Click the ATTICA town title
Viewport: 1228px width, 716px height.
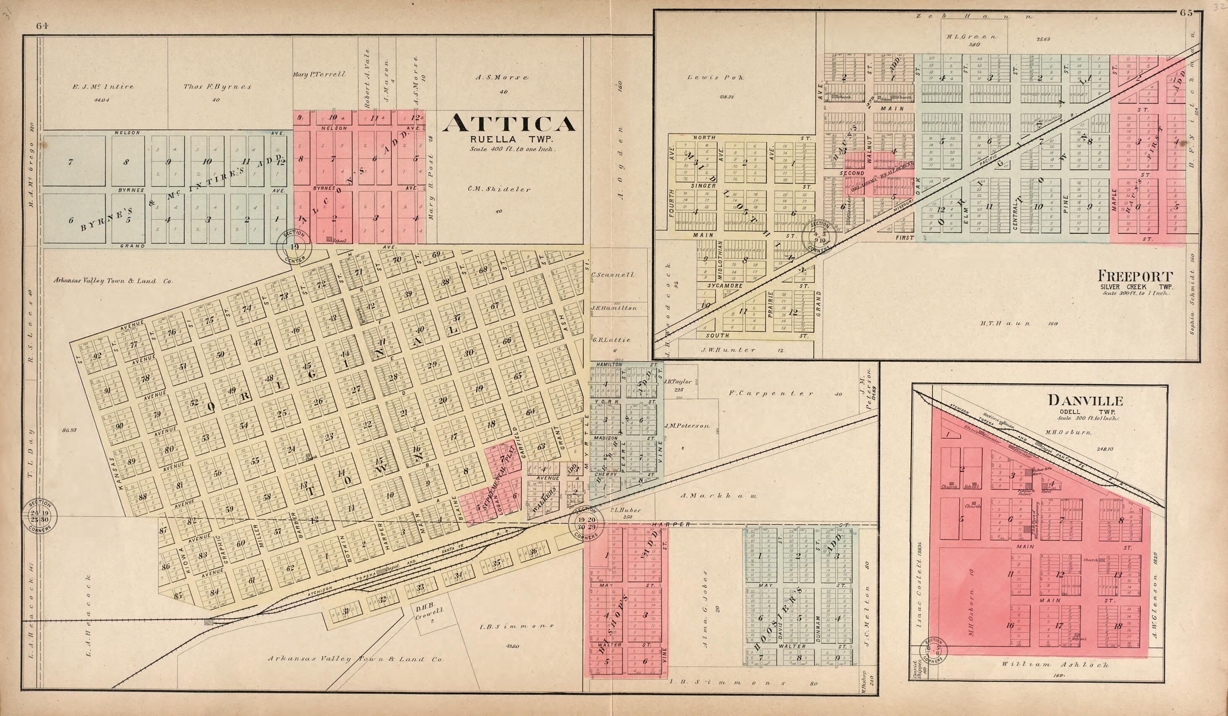tap(509, 124)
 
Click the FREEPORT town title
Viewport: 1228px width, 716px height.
tap(1134, 276)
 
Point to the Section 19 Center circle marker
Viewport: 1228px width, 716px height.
tap(295, 247)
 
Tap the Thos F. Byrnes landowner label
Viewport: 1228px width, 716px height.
tap(217, 87)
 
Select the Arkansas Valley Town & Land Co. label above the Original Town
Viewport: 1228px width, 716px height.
tap(112, 281)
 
